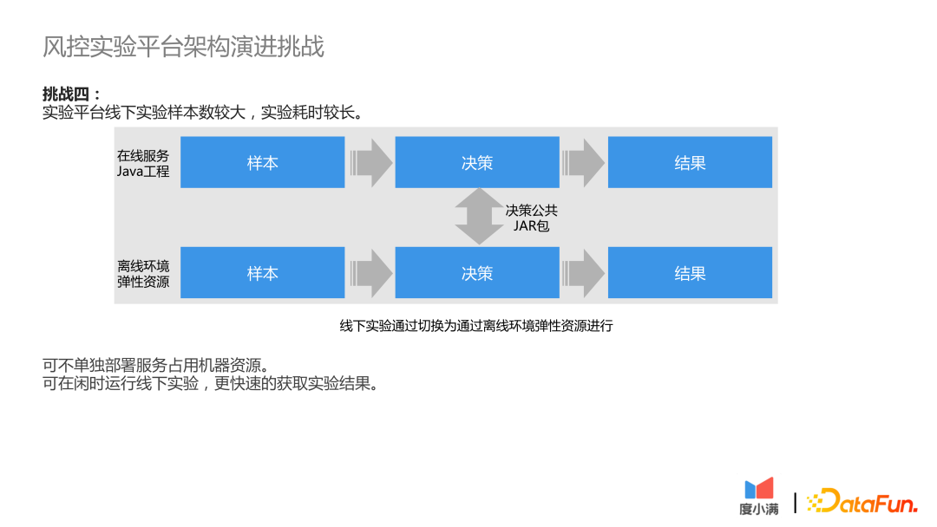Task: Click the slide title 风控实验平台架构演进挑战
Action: (183, 47)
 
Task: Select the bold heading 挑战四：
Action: (72, 94)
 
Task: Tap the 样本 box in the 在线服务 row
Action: (262, 162)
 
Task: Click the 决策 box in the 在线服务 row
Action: (476, 162)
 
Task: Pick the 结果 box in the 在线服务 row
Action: (690, 162)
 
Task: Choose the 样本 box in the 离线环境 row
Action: (262, 273)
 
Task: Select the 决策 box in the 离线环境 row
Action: (476, 273)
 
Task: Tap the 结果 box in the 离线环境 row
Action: (690, 273)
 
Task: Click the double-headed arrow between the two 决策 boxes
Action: (477, 218)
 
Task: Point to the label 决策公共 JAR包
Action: (531, 218)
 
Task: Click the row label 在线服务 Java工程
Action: (143, 163)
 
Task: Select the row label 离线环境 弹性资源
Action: (143, 273)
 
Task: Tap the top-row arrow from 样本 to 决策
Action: (371, 162)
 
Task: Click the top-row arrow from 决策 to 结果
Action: (584, 162)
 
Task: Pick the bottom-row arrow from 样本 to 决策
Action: (371, 273)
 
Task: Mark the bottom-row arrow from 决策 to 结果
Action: (584, 273)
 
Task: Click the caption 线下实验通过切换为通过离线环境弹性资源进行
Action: (476, 326)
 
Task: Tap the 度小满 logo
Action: (759, 497)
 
